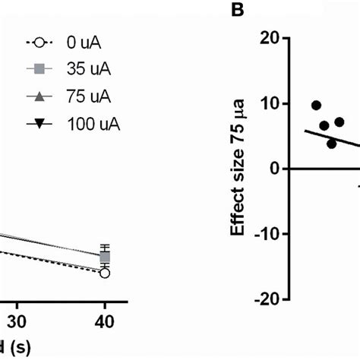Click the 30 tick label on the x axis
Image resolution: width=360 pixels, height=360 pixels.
tap(19, 321)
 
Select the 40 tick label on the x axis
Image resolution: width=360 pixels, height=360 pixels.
tap(106, 321)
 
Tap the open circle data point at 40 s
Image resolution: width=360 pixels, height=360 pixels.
tap(105, 273)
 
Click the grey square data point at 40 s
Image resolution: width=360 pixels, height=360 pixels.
tap(105, 257)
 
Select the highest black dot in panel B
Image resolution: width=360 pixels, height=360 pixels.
tap(316, 105)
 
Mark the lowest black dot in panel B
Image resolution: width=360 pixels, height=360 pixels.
tap(331, 143)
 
